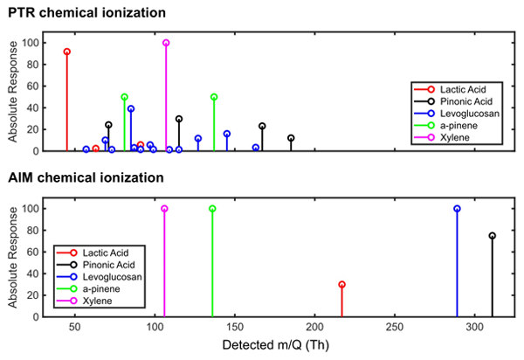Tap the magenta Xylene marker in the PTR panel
tap(166, 43)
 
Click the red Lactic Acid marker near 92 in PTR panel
tap(66, 52)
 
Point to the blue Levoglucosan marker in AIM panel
tap(457, 209)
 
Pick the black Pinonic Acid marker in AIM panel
tap(492, 236)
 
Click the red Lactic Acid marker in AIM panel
tap(341, 284)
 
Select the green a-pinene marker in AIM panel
tap(212, 209)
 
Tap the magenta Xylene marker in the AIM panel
tap(164, 209)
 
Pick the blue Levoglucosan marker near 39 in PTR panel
tap(131, 108)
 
